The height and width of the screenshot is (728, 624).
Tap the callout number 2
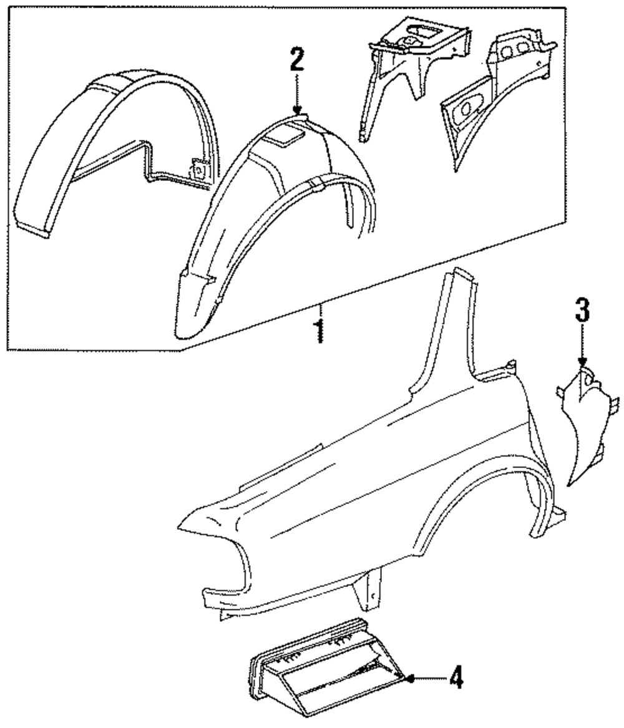point(296,61)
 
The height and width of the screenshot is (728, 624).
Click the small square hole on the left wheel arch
point(200,168)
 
